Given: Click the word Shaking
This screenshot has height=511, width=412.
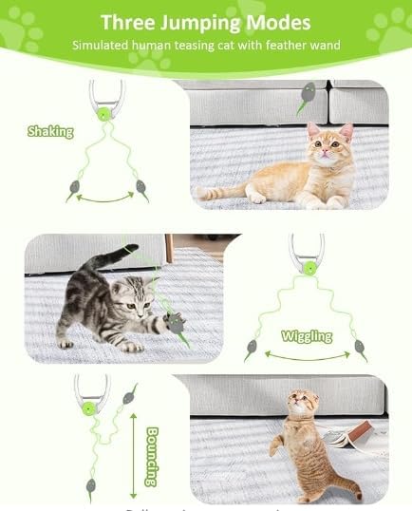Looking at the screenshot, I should point(50,131).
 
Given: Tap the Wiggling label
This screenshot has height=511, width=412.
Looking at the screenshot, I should point(306,335).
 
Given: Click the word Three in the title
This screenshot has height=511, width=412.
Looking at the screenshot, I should point(128,22).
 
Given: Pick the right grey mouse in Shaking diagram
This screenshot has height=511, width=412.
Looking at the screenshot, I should point(140,186).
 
